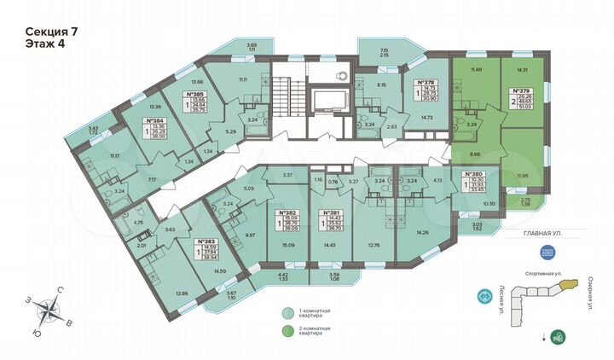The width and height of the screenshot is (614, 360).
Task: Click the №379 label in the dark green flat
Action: (519, 90)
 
